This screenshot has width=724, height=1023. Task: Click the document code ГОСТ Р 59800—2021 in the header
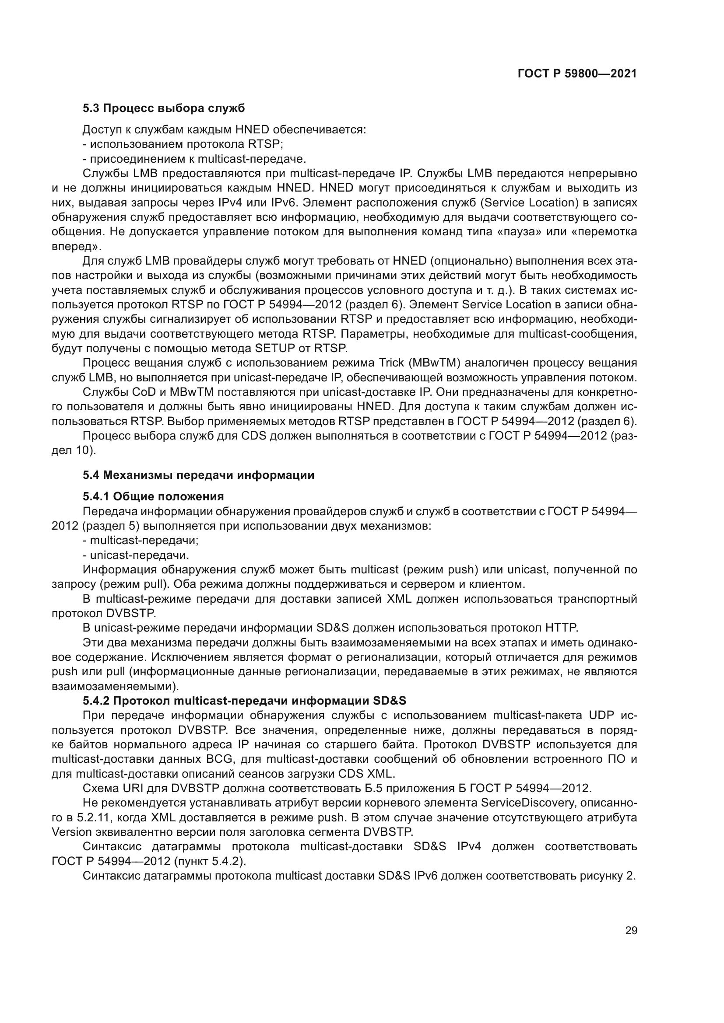(577, 74)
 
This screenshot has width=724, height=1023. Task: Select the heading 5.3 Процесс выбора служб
(164, 108)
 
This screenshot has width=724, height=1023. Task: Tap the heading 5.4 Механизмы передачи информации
(198, 475)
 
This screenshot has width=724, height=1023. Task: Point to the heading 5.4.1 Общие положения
(153, 496)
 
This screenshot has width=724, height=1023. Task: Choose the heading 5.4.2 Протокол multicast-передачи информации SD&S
(244, 701)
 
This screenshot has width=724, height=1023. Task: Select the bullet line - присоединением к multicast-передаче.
(194, 159)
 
